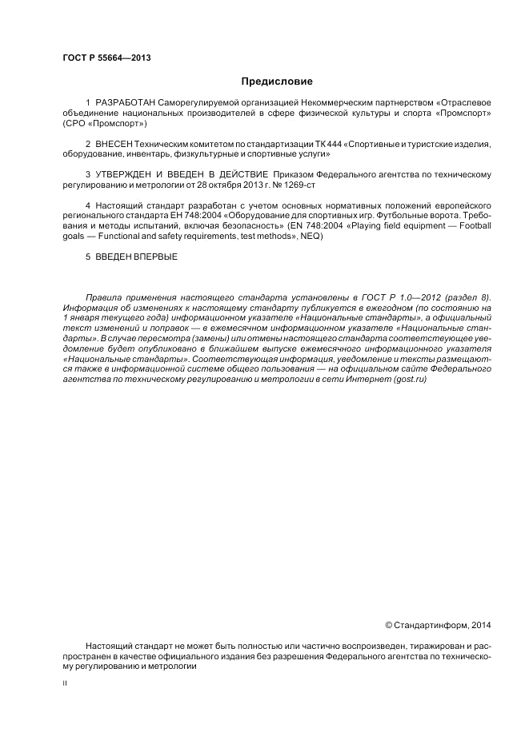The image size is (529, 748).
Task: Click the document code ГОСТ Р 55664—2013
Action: [x=106, y=58]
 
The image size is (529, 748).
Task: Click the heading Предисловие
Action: [x=277, y=81]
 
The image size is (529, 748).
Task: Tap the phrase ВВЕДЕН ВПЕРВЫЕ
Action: [x=136, y=257]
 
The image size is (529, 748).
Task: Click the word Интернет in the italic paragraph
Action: [x=367, y=380]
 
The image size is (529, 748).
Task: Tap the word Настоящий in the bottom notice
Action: [x=108, y=645]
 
